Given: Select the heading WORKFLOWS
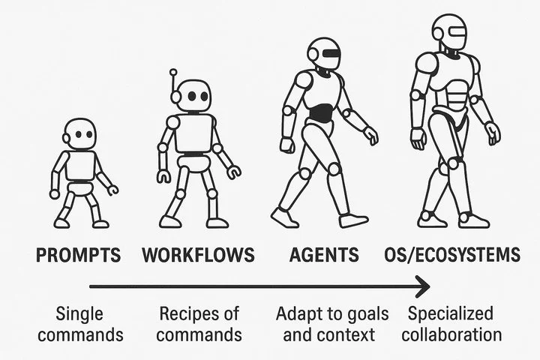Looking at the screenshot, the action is coord(198,255).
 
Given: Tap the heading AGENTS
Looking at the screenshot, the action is coord(325,255).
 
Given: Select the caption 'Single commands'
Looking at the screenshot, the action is coord(79,323).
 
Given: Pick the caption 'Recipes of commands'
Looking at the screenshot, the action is coord(199,323).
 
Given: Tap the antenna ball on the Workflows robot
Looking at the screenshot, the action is coord(173,73).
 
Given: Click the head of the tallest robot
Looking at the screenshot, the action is coord(449,31).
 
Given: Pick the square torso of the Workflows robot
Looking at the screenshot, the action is coord(194,132).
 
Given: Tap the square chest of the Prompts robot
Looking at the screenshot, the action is coord(80,166).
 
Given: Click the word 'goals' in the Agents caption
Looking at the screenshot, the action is coord(353,313).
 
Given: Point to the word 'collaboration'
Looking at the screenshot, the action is coord(451,334).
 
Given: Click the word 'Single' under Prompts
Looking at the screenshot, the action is coord(79,313).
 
